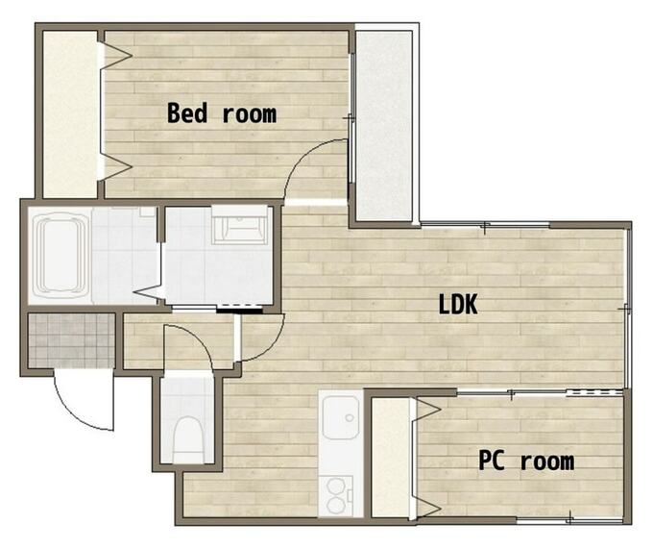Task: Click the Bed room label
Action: [x=222, y=112]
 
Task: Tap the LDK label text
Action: [x=458, y=304]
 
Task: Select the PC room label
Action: [x=526, y=461]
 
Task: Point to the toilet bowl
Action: [x=187, y=438]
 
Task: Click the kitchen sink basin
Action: [x=341, y=417]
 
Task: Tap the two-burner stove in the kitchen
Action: [x=336, y=496]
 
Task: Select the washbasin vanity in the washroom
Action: [x=239, y=225]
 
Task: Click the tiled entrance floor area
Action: [x=71, y=340]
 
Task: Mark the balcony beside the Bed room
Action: [x=384, y=125]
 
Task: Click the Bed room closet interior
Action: [x=70, y=114]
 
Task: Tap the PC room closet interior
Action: [x=390, y=458]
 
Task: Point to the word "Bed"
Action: [x=186, y=112]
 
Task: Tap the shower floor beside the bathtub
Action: [x=124, y=255]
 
